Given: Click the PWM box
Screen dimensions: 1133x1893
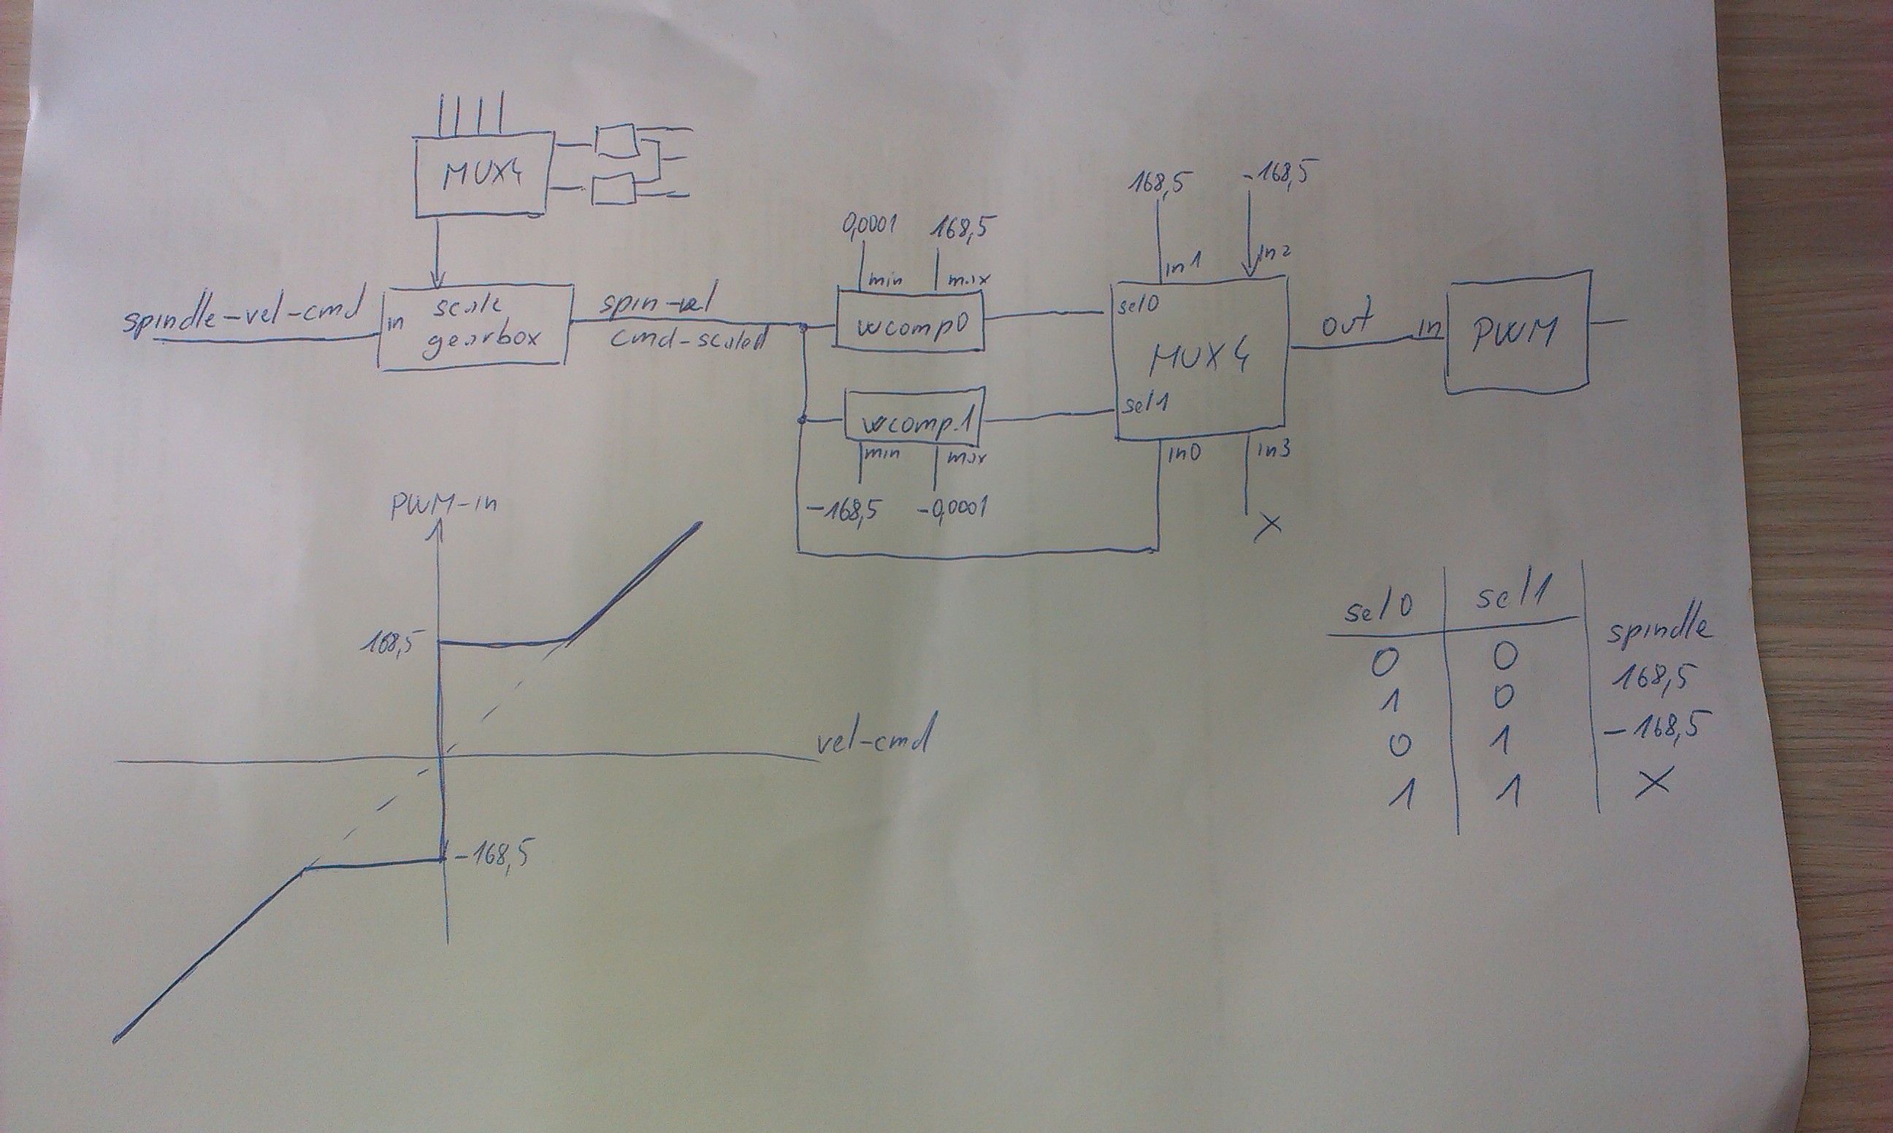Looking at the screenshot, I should (x=1515, y=333).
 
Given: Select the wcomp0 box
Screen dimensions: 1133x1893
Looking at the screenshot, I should (x=908, y=320).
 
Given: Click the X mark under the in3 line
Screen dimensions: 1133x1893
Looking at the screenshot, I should (x=1268, y=526).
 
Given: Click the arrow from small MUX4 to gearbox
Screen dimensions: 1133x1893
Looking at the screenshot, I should (x=437, y=253).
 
